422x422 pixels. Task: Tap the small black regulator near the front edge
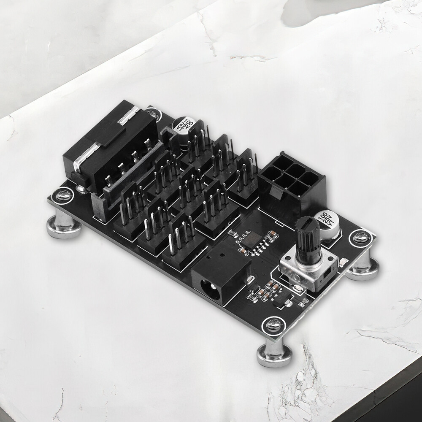tap(279, 301)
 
